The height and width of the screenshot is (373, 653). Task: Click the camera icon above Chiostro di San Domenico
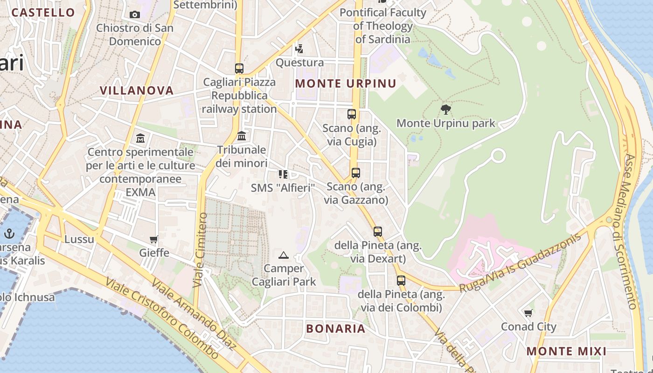tap(135, 14)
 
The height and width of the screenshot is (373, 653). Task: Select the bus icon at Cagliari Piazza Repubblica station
tap(239, 69)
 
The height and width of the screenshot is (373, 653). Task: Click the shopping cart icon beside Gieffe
tap(154, 240)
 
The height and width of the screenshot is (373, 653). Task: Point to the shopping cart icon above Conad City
tap(528, 313)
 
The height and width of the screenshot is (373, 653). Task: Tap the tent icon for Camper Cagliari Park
tap(284, 255)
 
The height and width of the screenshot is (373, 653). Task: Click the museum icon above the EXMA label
tap(140, 138)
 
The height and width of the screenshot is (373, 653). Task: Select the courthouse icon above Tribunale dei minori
tap(242, 136)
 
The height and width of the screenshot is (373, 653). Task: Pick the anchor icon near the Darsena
tap(9, 234)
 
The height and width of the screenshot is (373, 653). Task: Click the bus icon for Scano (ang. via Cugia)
tap(352, 114)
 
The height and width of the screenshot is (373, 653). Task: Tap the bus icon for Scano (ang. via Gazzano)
tap(356, 173)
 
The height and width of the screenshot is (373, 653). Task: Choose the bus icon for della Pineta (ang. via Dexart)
tap(378, 232)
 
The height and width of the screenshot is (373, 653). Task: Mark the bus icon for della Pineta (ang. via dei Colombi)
tap(401, 281)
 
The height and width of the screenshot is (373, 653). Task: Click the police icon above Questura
tap(299, 48)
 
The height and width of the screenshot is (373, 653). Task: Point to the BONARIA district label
tap(335, 328)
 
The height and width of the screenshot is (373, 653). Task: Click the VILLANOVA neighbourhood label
tap(137, 90)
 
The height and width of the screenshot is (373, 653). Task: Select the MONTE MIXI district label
tap(566, 351)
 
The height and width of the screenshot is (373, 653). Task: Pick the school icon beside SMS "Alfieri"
tap(283, 174)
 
